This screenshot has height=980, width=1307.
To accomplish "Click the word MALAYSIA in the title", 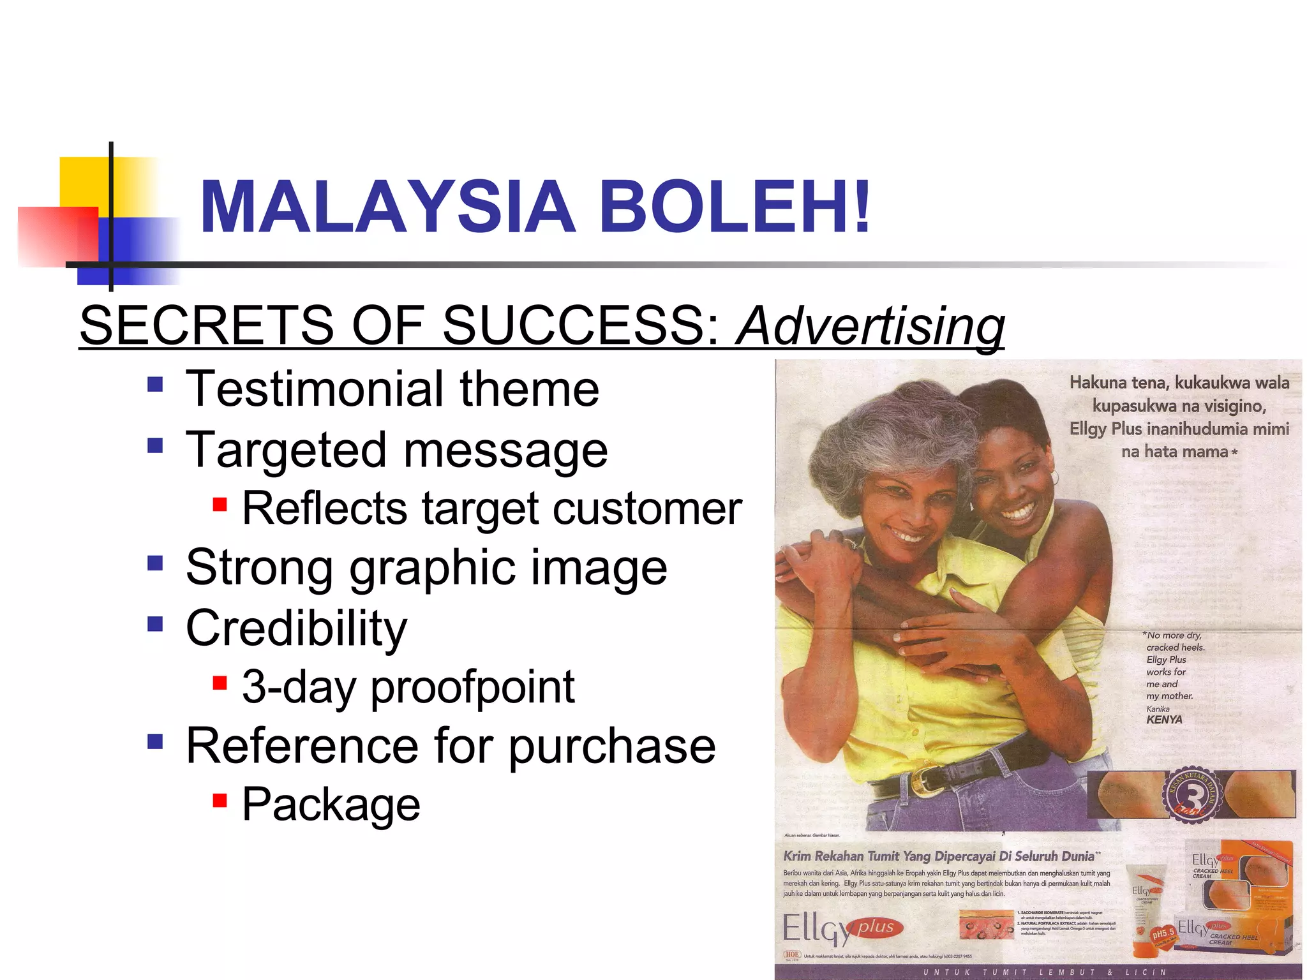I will tap(388, 207).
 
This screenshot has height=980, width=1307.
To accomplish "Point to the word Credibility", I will tap(296, 628).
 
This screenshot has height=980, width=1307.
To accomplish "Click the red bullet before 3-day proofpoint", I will tap(220, 683).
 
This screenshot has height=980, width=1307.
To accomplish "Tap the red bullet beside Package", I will tap(220, 800).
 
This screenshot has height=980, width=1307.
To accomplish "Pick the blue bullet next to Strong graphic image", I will tap(155, 563).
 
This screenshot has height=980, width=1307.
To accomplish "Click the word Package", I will tap(331, 804).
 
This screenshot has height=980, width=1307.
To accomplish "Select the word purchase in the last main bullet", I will tap(611, 746).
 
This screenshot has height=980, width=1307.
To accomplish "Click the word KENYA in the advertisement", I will tap(1164, 720).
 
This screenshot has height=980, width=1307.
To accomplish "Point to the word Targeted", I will tap(287, 450).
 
